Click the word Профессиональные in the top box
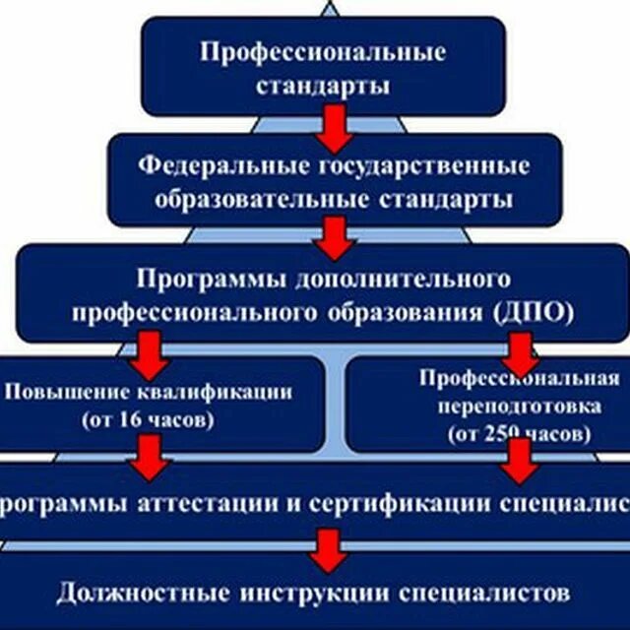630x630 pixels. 323,51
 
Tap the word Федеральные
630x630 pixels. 203,165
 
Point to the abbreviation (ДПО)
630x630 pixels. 533,313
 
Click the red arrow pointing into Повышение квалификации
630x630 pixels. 150,347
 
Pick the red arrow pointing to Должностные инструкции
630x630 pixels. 328,550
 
